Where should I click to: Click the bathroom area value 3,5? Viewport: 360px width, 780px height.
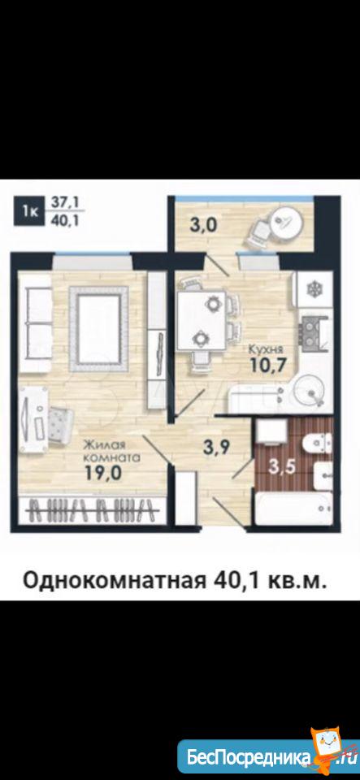click(x=281, y=466)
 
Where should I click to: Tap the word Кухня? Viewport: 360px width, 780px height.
click(x=263, y=349)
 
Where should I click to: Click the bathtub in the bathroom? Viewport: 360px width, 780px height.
click(x=293, y=509)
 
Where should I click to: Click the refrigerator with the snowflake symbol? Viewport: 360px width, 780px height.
click(x=314, y=289)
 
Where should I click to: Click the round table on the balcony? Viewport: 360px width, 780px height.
click(x=285, y=225)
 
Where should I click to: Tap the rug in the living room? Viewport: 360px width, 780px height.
click(x=99, y=329)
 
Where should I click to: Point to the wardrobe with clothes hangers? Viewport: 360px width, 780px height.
click(x=92, y=510)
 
